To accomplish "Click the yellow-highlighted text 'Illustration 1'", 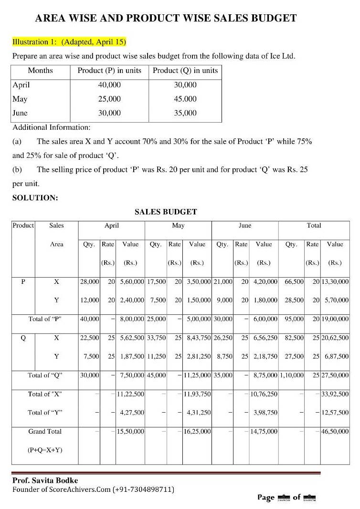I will click(x=34, y=42).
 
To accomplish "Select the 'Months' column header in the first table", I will click(x=41, y=71).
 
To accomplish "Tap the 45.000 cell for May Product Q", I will click(x=185, y=99).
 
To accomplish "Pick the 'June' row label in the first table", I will click(x=20, y=113).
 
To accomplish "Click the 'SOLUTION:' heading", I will click(x=35, y=198).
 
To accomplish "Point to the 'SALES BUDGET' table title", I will click(x=166, y=212).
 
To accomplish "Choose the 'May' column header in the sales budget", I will click(x=178, y=225).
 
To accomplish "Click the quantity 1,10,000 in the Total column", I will click(x=292, y=375).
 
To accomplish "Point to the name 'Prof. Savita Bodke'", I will click(x=45, y=480).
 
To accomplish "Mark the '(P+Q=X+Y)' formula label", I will click(x=45, y=450).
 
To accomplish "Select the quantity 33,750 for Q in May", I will click(x=156, y=338).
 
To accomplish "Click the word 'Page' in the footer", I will click(x=265, y=498).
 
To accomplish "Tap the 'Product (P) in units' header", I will click(x=109, y=71).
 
